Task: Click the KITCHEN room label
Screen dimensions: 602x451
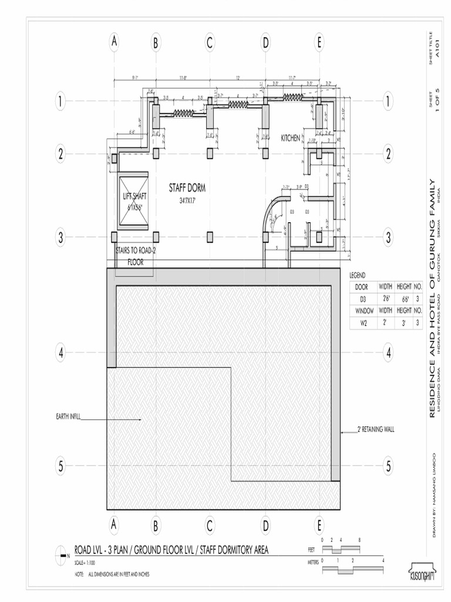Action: [x=290, y=138]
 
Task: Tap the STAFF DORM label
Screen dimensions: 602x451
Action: [x=187, y=188]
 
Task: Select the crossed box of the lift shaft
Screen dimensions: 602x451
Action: [x=133, y=200]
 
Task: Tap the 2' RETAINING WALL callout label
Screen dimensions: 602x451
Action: [x=376, y=429]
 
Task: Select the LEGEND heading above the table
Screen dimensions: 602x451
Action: [x=358, y=275]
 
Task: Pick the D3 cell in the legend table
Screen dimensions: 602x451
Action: [x=363, y=299]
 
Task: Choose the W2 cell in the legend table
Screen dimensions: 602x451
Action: [x=363, y=322]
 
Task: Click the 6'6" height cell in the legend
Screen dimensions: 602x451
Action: [x=404, y=299]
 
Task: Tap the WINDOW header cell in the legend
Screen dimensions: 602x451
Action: [x=363, y=310]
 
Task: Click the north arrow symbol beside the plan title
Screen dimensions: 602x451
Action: [x=61, y=554]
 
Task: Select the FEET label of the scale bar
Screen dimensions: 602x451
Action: [x=311, y=550]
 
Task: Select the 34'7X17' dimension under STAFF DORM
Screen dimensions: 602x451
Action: [x=187, y=201]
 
